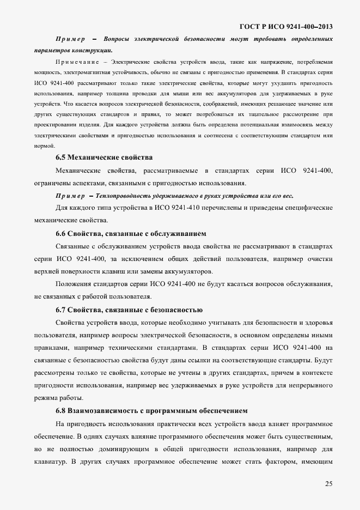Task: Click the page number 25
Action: [328, 483]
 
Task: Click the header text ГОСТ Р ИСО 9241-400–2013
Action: [286, 26]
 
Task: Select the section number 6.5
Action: [62, 157]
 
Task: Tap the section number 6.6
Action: [62, 234]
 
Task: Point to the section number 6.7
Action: [62, 310]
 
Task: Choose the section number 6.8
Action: [62, 410]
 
